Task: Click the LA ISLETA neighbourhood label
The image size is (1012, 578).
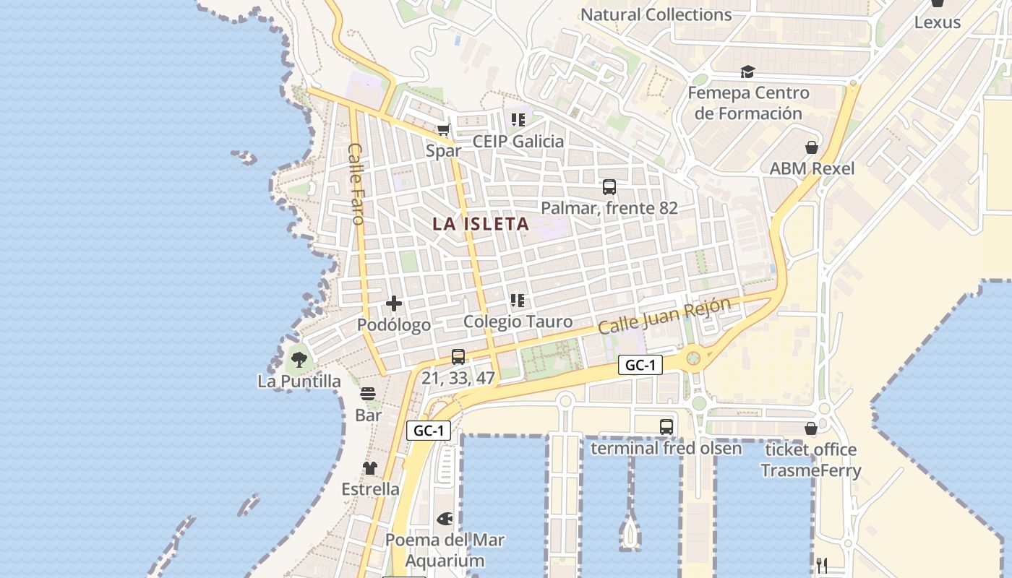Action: (x=481, y=224)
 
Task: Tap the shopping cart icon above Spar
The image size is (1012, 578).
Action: (x=443, y=130)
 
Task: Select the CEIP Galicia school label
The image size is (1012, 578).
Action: (x=518, y=142)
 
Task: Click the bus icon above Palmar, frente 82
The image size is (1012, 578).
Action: (x=609, y=187)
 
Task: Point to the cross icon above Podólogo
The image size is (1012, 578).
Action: (x=394, y=303)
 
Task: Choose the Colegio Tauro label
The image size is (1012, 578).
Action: (x=518, y=322)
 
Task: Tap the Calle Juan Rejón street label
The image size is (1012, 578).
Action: (x=664, y=316)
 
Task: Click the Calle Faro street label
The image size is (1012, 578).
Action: (x=357, y=184)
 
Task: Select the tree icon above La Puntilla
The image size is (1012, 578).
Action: (x=299, y=358)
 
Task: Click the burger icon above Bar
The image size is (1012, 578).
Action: (x=368, y=394)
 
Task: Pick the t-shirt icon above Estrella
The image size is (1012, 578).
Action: (x=370, y=468)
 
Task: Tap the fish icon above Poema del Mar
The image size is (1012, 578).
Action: (x=445, y=519)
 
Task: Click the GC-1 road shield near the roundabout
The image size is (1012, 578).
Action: (x=640, y=366)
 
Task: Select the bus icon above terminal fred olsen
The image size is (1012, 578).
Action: (x=666, y=427)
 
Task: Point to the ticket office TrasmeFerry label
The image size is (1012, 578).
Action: (x=811, y=460)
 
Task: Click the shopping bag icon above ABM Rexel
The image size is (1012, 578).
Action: (x=812, y=147)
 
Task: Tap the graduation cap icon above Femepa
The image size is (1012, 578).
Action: (x=747, y=72)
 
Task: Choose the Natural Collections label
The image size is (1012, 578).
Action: (x=656, y=14)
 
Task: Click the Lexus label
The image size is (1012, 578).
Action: (x=938, y=22)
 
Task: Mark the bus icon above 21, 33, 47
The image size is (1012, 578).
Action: (x=458, y=356)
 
